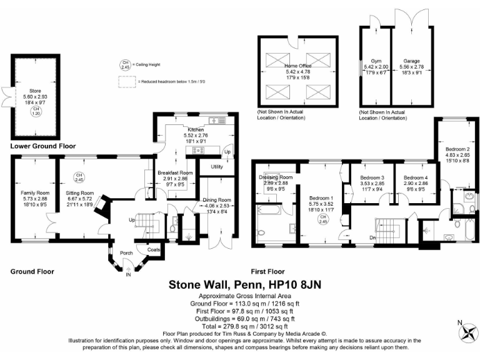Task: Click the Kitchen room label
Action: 176,129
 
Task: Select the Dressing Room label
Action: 276,176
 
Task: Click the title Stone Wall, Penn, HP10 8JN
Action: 242,284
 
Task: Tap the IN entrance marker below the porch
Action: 129,274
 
